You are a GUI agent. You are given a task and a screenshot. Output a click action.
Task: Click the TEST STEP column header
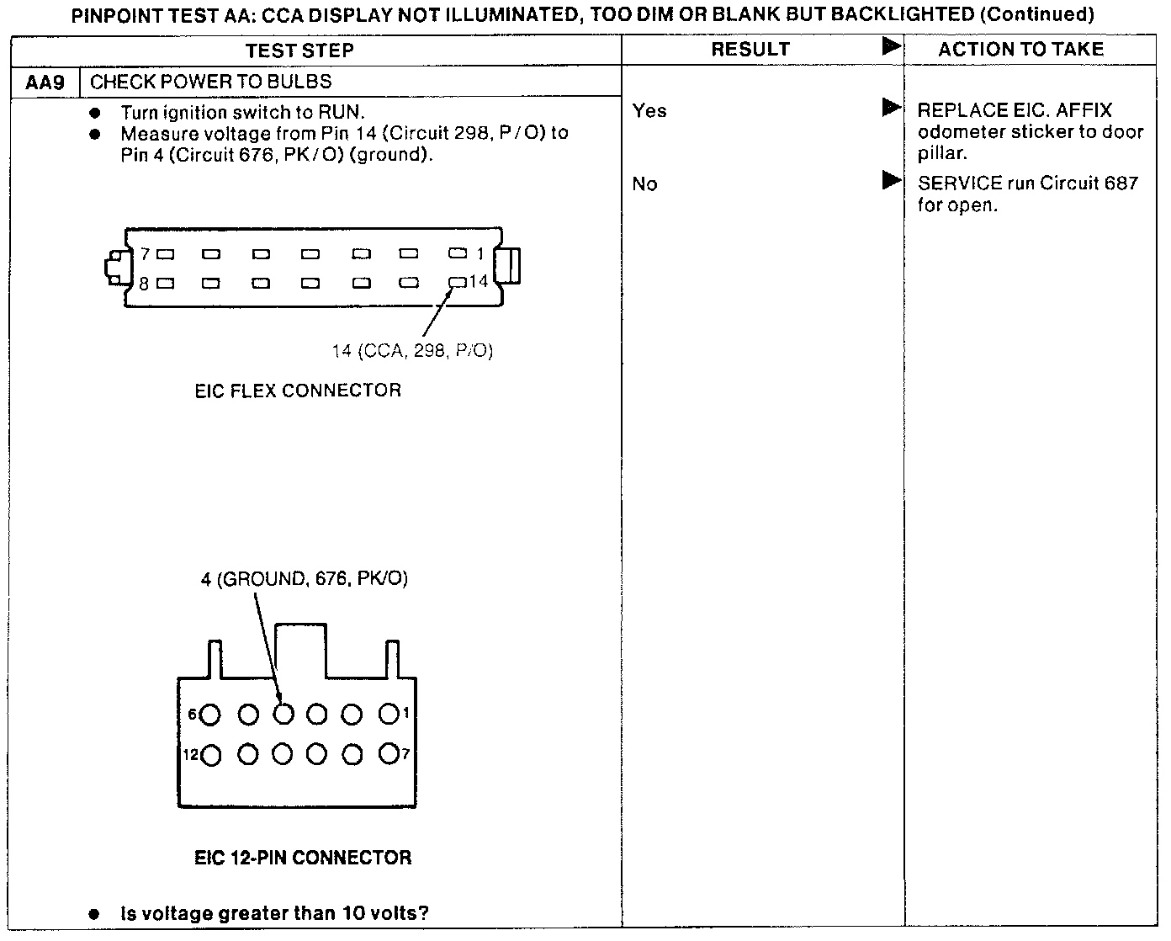[x=299, y=51]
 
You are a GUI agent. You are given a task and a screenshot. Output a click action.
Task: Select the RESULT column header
[x=750, y=50]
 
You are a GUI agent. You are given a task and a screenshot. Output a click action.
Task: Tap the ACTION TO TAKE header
[x=1020, y=50]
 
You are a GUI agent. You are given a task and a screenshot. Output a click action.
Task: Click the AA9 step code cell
[x=45, y=82]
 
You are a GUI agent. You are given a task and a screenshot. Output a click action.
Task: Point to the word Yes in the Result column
[x=649, y=110]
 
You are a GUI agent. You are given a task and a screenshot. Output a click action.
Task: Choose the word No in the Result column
[x=645, y=183]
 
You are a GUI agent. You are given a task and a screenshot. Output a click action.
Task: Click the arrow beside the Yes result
[x=891, y=108]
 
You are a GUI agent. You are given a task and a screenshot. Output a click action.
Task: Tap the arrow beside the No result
[x=891, y=180]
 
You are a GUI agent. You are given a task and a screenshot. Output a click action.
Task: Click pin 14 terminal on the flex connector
[x=458, y=282]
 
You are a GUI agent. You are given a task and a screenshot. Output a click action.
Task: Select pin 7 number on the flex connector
[x=145, y=253]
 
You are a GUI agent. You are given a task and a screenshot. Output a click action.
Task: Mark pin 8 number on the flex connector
[x=145, y=284]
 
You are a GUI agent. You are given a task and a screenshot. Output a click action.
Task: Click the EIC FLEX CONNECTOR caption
[x=298, y=391]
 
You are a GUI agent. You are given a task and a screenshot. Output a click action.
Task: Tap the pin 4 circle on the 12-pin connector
[x=283, y=714]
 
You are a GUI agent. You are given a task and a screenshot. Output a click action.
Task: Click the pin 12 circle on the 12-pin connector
[x=211, y=755]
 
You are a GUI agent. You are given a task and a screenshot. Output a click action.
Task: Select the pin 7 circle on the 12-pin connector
[x=388, y=753]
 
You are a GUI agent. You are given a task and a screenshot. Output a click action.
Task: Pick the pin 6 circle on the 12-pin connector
[x=210, y=715]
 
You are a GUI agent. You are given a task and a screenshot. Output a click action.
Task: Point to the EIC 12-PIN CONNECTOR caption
[x=303, y=858]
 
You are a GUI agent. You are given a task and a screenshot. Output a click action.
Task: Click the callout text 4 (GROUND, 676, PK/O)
[x=305, y=579]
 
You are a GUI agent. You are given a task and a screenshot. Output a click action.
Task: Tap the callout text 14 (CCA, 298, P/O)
[x=412, y=350]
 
